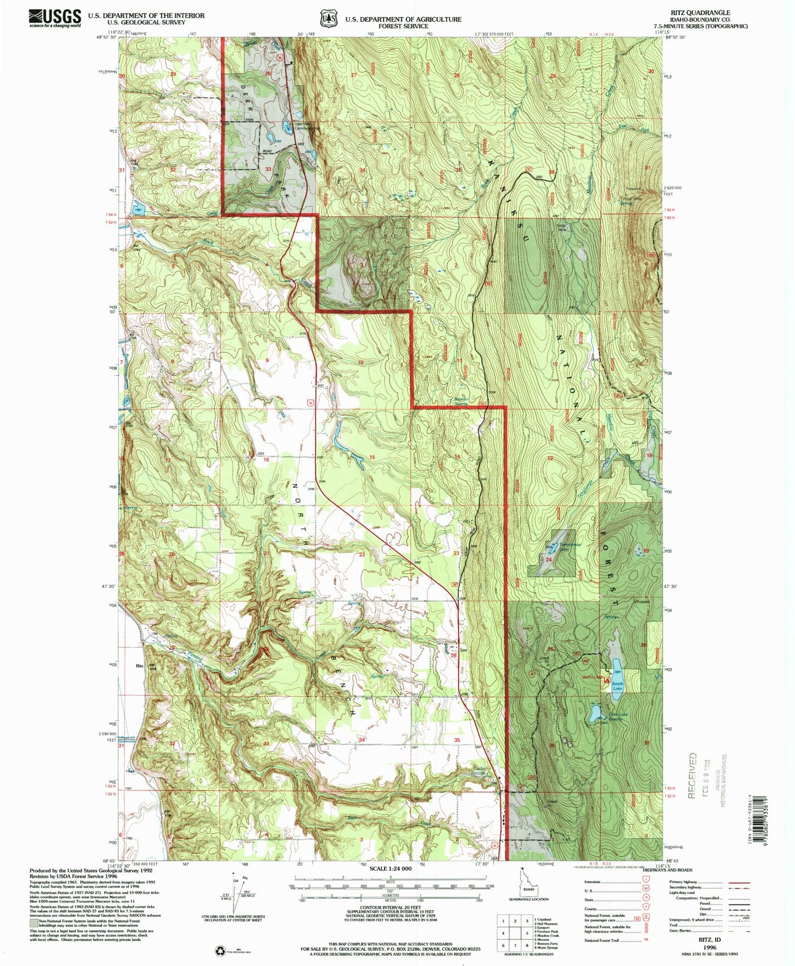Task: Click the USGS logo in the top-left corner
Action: [x=55, y=18]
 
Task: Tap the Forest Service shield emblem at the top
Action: [x=329, y=19]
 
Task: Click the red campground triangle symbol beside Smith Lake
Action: [x=607, y=681]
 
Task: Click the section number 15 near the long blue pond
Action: [x=372, y=458]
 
